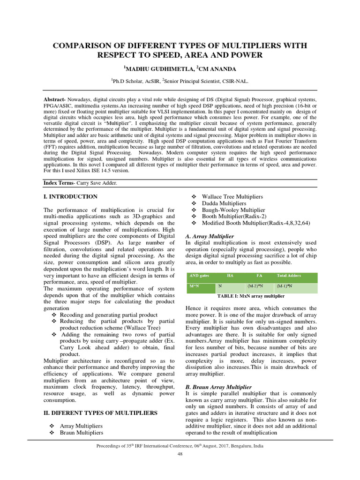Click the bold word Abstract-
click(55, 100)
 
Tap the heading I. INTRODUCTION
click(70, 196)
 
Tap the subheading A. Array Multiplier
click(210, 235)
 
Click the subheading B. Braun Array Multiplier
click(218, 387)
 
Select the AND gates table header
click(197, 276)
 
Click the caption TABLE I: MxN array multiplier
click(251, 296)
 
